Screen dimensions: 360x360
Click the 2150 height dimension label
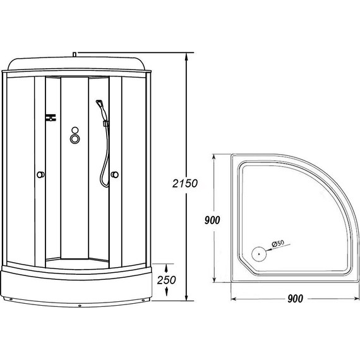tap(185, 183)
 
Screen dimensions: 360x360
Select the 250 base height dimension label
tap(166, 280)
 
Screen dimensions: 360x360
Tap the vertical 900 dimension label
tap(212, 220)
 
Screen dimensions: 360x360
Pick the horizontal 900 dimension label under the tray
tap(295, 299)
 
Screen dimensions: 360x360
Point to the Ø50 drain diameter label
tap(278, 243)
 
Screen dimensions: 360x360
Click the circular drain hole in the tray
tap(259, 254)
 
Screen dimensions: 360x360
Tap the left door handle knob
tap(40, 175)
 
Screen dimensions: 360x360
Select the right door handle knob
tap(114, 175)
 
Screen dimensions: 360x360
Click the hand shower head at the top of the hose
tap(100, 104)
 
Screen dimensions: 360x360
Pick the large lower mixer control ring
tap(75, 138)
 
